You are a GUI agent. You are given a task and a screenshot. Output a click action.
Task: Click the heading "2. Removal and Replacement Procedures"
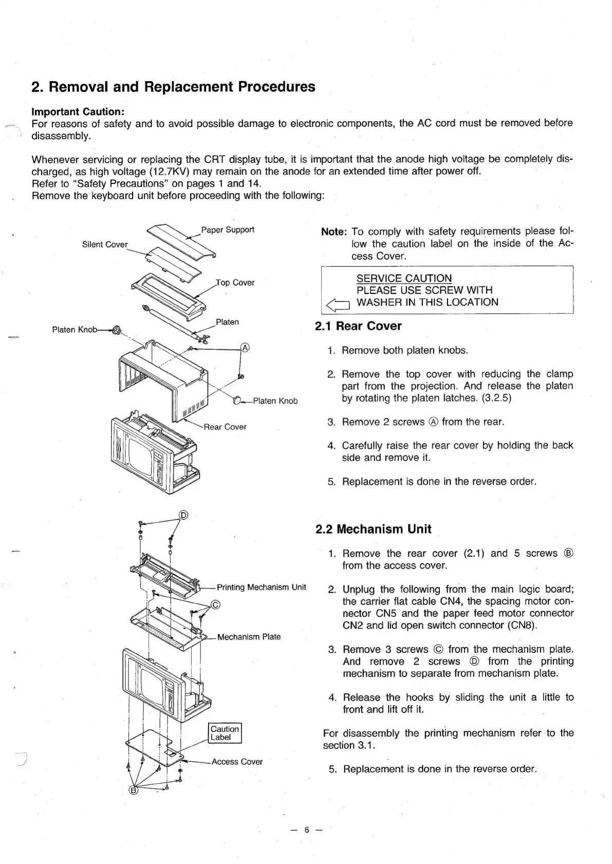(173, 87)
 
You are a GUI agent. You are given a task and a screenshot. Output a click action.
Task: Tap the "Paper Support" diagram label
(227, 230)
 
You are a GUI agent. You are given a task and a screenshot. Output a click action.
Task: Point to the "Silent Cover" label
(105, 245)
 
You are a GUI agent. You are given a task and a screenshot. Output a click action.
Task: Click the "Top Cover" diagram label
(235, 283)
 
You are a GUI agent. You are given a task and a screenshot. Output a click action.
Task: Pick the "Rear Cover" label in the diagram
(225, 427)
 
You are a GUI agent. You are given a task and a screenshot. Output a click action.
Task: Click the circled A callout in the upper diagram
(245, 348)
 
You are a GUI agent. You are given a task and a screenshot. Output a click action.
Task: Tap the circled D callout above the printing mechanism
(183, 515)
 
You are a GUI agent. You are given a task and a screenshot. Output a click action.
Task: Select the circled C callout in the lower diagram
(216, 604)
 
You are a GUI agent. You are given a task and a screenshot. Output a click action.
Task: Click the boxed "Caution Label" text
(225, 733)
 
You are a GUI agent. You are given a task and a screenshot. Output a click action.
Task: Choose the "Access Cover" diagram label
(237, 762)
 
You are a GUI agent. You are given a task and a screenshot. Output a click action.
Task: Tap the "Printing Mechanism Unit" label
(261, 587)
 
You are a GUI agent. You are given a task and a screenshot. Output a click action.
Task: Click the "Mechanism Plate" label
(249, 637)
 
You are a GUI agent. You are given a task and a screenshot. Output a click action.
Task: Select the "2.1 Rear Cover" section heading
(358, 326)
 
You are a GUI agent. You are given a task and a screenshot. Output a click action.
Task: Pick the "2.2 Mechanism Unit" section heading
(373, 529)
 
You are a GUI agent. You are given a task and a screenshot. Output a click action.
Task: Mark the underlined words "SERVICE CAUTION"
(404, 278)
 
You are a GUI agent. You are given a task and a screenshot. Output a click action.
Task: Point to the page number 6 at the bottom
(306, 830)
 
